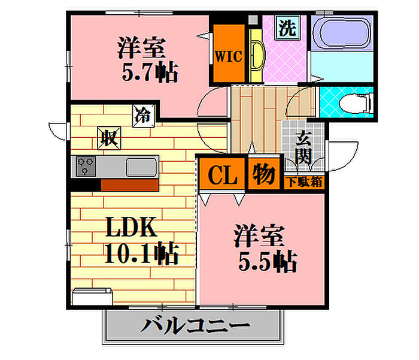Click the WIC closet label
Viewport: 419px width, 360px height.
[227, 57]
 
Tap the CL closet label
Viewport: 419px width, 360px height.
[220, 175]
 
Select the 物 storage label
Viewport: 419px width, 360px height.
[263, 174]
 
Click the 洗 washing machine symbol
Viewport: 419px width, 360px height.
[288, 29]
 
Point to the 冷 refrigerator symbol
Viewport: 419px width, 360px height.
[142, 114]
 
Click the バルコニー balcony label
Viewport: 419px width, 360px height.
[195, 327]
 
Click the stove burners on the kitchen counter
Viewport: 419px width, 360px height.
[84, 166]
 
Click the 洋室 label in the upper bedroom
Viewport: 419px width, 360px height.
[142, 47]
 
